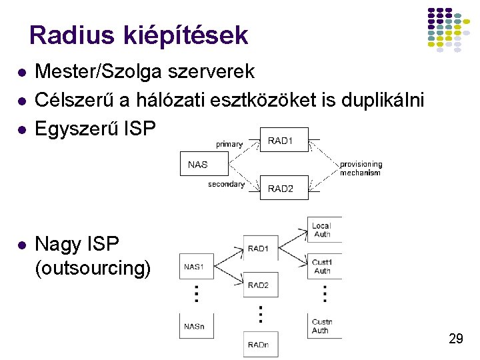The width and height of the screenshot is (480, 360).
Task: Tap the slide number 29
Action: [456, 339]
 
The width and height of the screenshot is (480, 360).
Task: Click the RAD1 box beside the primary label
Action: [284, 141]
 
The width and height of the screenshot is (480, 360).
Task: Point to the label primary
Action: [229, 143]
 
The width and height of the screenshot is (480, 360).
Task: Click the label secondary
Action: [226, 184]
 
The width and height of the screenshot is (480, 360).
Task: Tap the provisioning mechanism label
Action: [361, 168]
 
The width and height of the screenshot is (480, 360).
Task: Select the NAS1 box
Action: [195, 266]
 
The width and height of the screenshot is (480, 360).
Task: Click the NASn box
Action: [195, 326]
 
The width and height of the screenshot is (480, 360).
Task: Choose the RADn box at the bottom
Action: [260, 344]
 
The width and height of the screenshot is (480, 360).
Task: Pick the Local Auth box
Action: [324, 229]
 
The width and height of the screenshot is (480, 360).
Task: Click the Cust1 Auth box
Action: [324, 266]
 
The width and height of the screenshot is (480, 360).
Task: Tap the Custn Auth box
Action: [324, 326]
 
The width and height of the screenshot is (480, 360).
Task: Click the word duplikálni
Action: [382, 99]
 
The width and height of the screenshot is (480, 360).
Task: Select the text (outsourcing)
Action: [93, 269]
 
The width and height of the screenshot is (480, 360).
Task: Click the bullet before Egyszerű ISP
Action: [23, 129]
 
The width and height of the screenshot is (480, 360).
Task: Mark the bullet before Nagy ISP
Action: [23, 245]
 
